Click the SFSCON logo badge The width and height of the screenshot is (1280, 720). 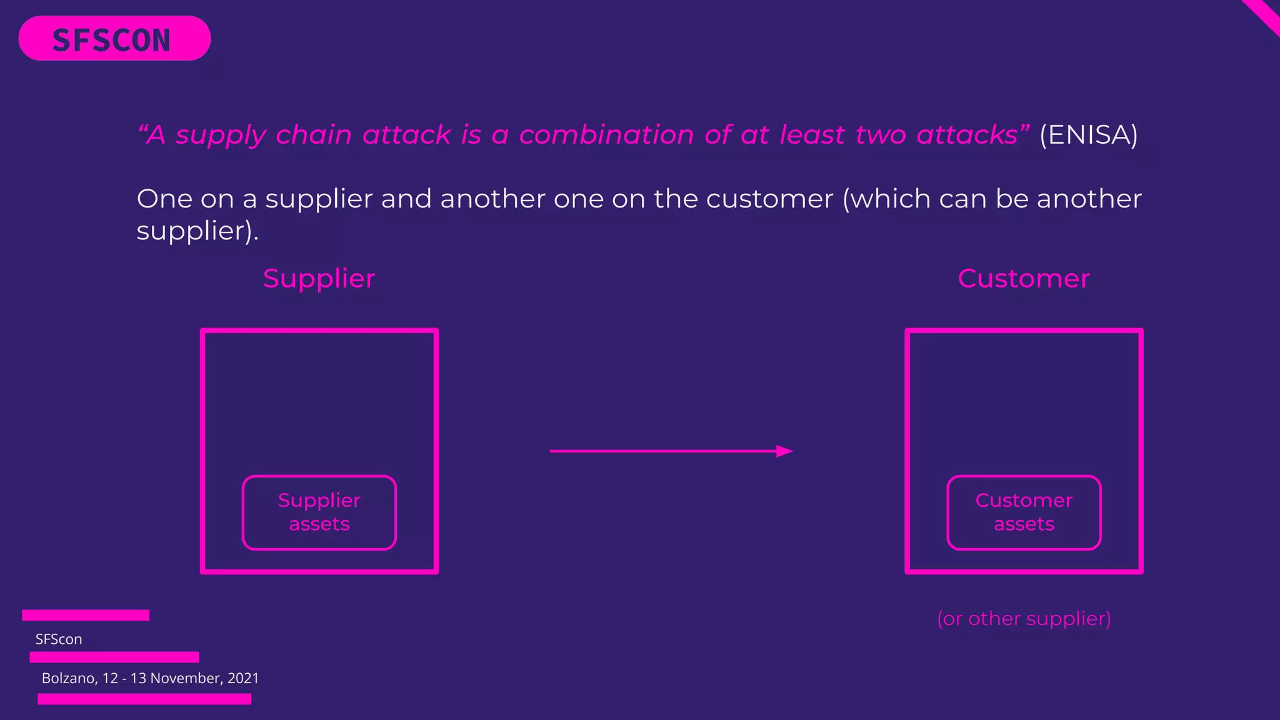tap(114, 39)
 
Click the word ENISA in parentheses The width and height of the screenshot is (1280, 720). tap(1088, 135)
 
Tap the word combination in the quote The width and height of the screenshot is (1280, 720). tap(606, 135)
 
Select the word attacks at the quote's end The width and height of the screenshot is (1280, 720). tap(967, 135)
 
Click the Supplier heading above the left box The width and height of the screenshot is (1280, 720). tap(319, 279)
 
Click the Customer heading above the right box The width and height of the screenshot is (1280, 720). tap(1023, 279)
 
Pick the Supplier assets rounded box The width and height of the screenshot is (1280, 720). tap(319, 512)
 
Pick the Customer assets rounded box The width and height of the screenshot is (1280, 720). tap(1023, 512)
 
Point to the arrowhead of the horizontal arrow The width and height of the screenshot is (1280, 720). tap(785, 451)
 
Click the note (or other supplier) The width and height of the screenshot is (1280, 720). tap(1023, 619)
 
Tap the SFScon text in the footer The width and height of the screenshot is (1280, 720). tap(59, 639)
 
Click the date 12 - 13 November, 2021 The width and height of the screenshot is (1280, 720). tap(181, 679)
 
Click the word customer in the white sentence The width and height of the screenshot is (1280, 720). tap(769, 199)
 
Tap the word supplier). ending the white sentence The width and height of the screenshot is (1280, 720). tap(197, 232)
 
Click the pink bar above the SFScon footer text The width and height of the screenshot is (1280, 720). tap(86, 615)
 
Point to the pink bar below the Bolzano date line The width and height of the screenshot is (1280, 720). tap(144, 699)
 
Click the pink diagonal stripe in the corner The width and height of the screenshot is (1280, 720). tap(1264, 16)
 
